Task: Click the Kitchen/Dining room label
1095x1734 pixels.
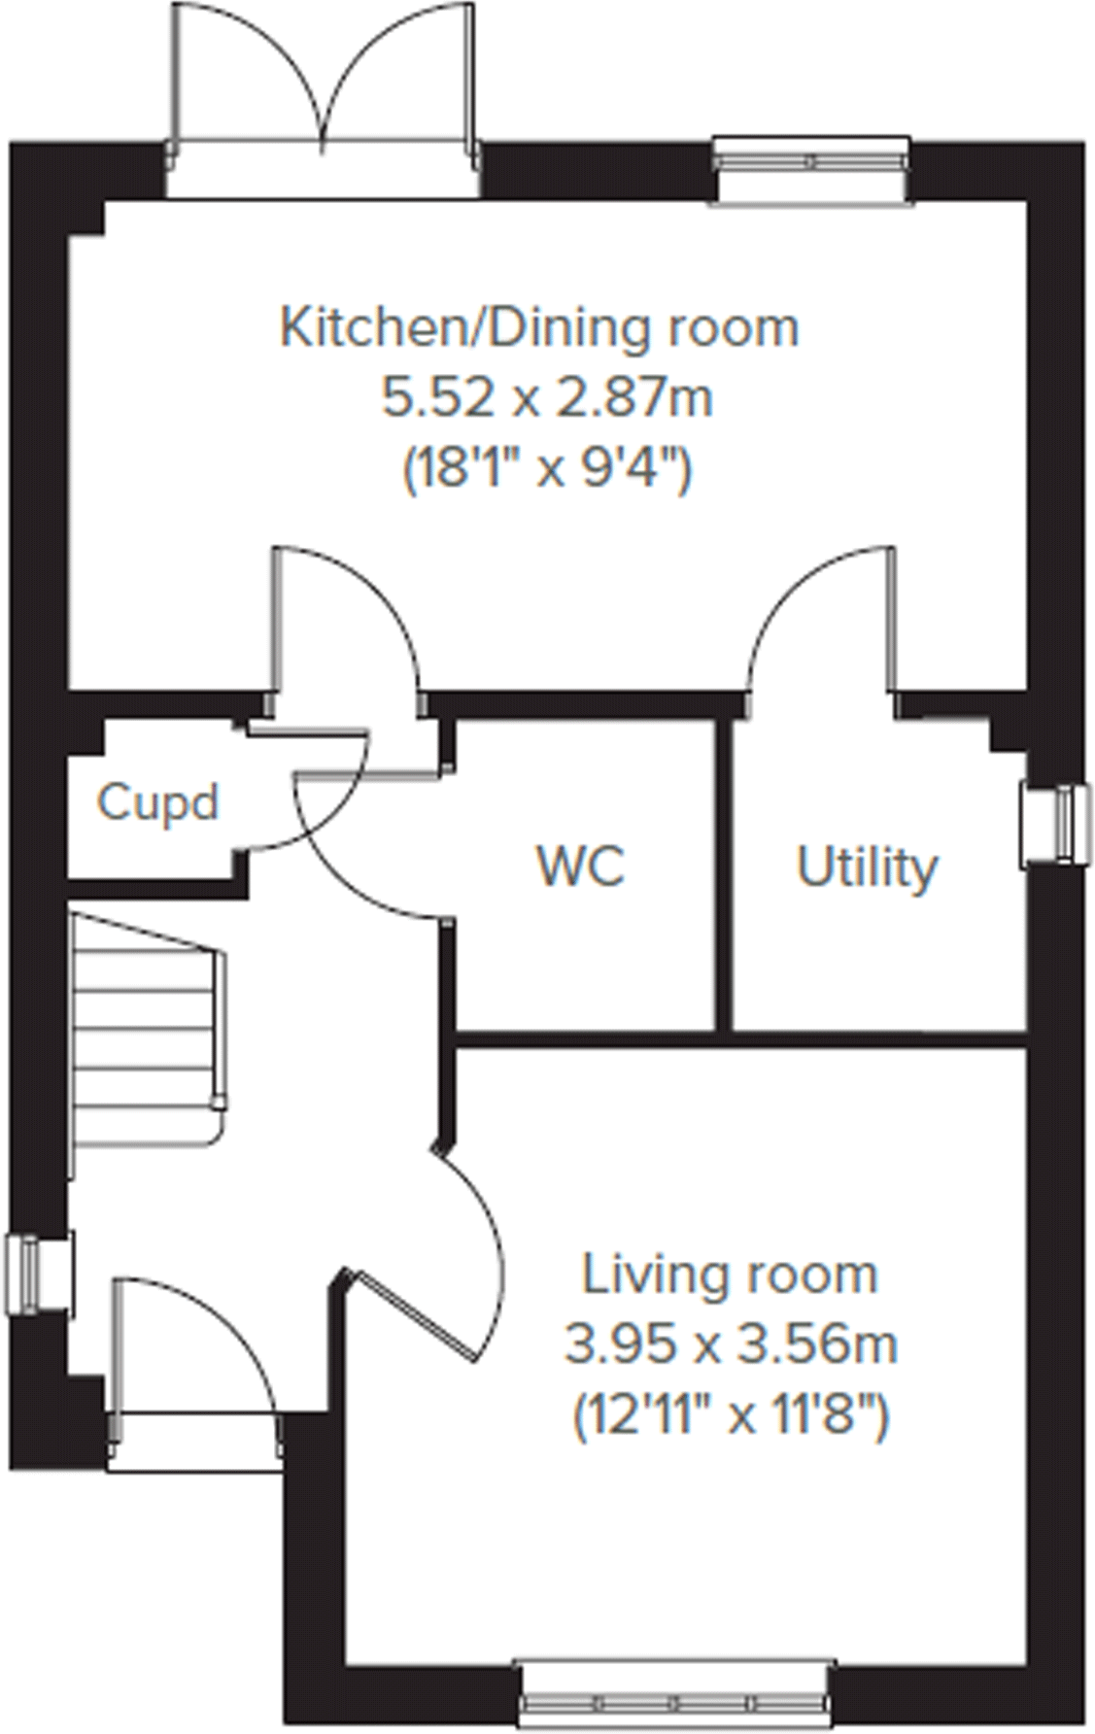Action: [x=539, y=327]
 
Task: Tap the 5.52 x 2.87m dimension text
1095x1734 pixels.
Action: [x=547, y=398]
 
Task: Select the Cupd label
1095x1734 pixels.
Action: [x=157, y=802]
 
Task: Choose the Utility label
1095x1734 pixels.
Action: [x=867, y=867]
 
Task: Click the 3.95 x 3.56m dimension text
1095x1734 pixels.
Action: [x=731, y=1345]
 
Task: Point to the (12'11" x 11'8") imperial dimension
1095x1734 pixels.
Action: [x=731, y=1416]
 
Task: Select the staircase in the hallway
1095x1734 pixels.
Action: [x=146, y=1030]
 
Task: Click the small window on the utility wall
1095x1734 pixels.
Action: [x=1053, y=825]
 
